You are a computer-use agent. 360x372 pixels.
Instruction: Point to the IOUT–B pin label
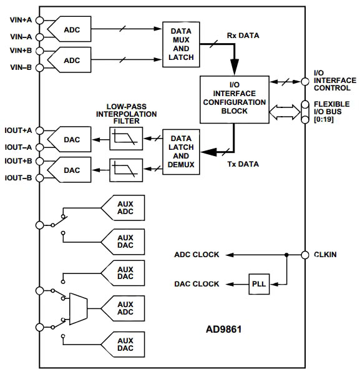click(x=21, y=177)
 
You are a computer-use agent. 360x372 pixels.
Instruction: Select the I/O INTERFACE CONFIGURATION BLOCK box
click(x=233, y=99)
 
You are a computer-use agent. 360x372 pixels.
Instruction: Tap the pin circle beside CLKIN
click(x=305, y=255)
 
